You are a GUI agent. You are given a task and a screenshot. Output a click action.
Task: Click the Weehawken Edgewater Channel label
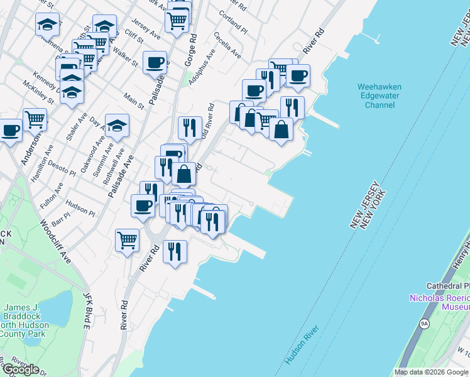tap(379, 96)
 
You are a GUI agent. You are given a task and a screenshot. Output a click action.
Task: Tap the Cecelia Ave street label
tap(227, 45)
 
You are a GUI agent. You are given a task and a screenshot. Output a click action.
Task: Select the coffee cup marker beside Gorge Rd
tap(155, 63)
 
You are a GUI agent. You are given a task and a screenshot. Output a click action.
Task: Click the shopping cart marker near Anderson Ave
tap(35, 119)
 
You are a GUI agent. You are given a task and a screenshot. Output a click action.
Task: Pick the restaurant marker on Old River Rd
tap(189, 128)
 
